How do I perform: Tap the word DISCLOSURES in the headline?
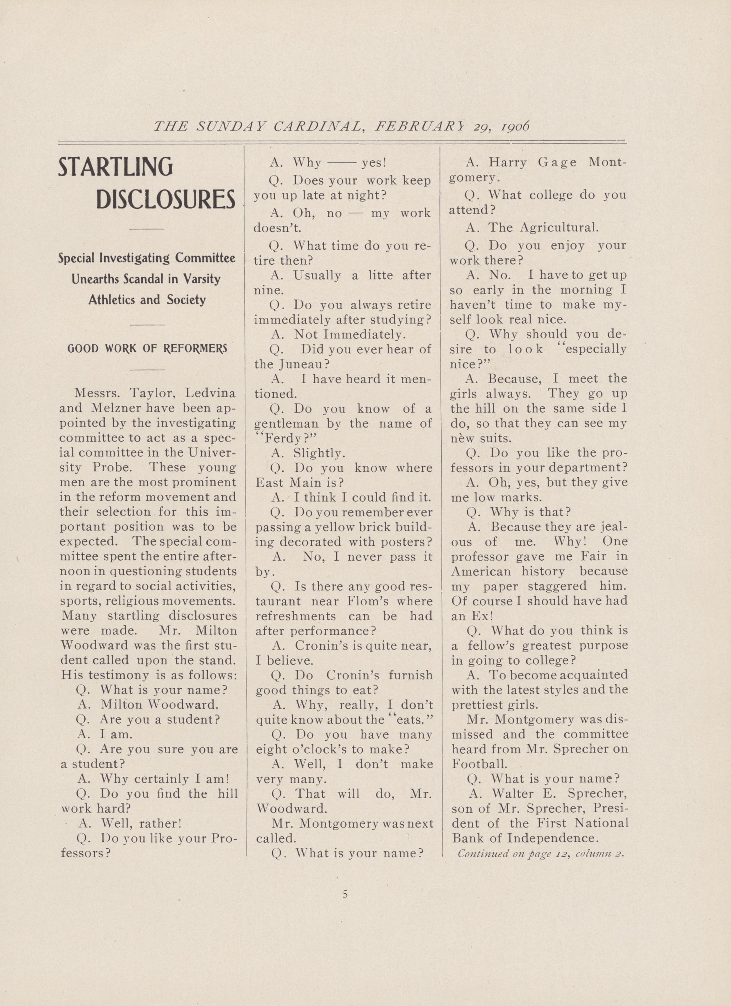pyautogui.click(x=166, y=200)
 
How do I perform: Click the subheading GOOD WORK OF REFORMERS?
pyautogui.click(x=147, y=348)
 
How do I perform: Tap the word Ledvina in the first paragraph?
pyautogui.click(x=210, y=394)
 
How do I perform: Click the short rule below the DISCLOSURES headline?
pyautogui.click(x=147, y=229)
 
